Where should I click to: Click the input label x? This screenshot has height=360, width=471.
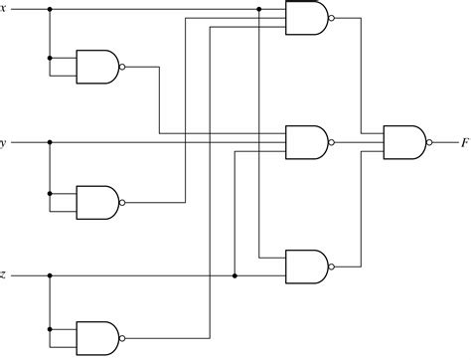click(x=3, y=9)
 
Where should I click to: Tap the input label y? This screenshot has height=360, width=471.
click(x=3, y=142)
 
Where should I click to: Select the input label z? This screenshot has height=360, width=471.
click(x=3, y=275)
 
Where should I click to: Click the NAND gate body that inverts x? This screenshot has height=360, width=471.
click(x=96, y=67)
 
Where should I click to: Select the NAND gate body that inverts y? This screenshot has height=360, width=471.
click(x=96, y=201)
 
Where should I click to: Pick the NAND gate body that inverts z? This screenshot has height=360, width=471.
click(x=96, y=334)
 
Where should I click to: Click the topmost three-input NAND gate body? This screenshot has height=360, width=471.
click(x=305, y=18)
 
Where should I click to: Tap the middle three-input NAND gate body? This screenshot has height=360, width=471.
click(x=305, y=142)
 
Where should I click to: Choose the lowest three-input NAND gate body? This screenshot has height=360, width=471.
click(x=305, y=266)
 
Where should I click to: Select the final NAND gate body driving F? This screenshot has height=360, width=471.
click(x=402, y=142)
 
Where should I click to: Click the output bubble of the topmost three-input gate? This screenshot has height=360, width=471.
click(x=330, y=18)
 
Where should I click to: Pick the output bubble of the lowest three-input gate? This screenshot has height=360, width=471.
click(x=330, y=266)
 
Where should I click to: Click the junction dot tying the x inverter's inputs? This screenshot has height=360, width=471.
click(x=49, y=58)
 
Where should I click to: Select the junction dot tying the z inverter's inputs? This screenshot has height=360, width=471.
click(x=49, y=325)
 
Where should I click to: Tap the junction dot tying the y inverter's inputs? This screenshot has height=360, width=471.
click(x=49, y=192)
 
